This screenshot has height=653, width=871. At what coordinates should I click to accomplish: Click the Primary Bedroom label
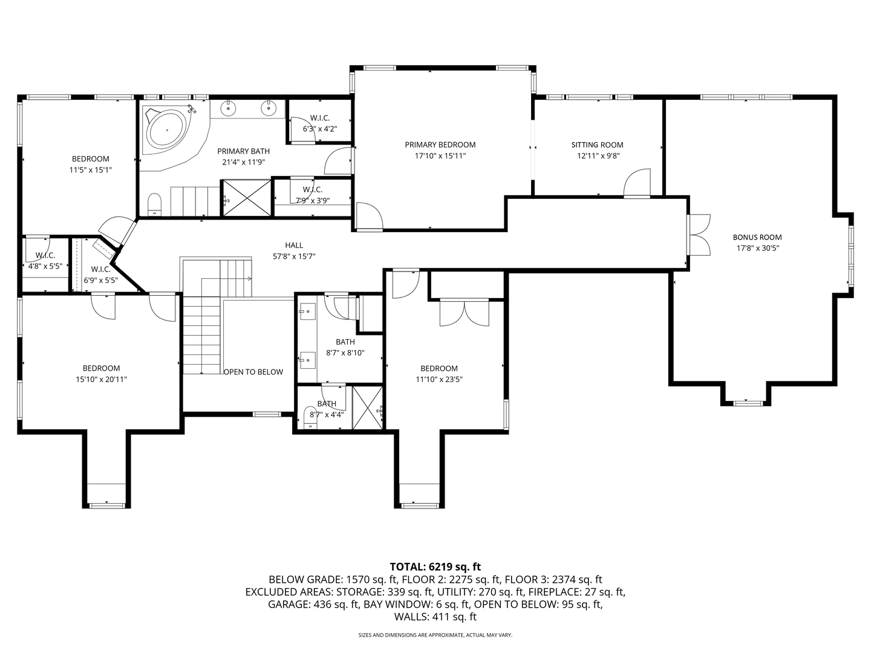point(440,145)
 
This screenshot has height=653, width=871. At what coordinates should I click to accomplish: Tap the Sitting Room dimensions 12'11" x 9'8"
point(598,156)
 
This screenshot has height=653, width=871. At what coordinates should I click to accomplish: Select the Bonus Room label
point(757,237)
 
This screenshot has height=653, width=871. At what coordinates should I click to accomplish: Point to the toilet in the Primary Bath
point(154,204)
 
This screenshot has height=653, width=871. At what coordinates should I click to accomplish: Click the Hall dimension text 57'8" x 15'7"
point(294,256)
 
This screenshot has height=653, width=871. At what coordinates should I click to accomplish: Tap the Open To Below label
point(253,372)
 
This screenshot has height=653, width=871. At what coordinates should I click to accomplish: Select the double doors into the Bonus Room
point(699,235)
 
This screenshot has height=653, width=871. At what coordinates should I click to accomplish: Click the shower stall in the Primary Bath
point(246,198)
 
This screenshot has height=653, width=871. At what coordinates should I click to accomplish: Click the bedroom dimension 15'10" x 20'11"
point(101,380)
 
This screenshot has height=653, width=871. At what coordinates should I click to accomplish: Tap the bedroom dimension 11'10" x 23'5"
point(439,380)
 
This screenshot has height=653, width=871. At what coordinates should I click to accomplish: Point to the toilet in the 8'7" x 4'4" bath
point(310,417)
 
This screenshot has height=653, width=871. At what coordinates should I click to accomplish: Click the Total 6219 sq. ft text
point(435,567)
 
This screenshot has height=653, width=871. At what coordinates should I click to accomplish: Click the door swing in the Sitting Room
point(638,183)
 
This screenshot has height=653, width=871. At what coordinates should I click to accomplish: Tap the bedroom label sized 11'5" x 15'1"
point(91,159)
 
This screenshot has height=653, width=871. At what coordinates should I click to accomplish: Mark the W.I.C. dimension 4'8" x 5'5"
point(45,266)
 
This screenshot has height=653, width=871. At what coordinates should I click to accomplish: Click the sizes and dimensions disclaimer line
point(435,635)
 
